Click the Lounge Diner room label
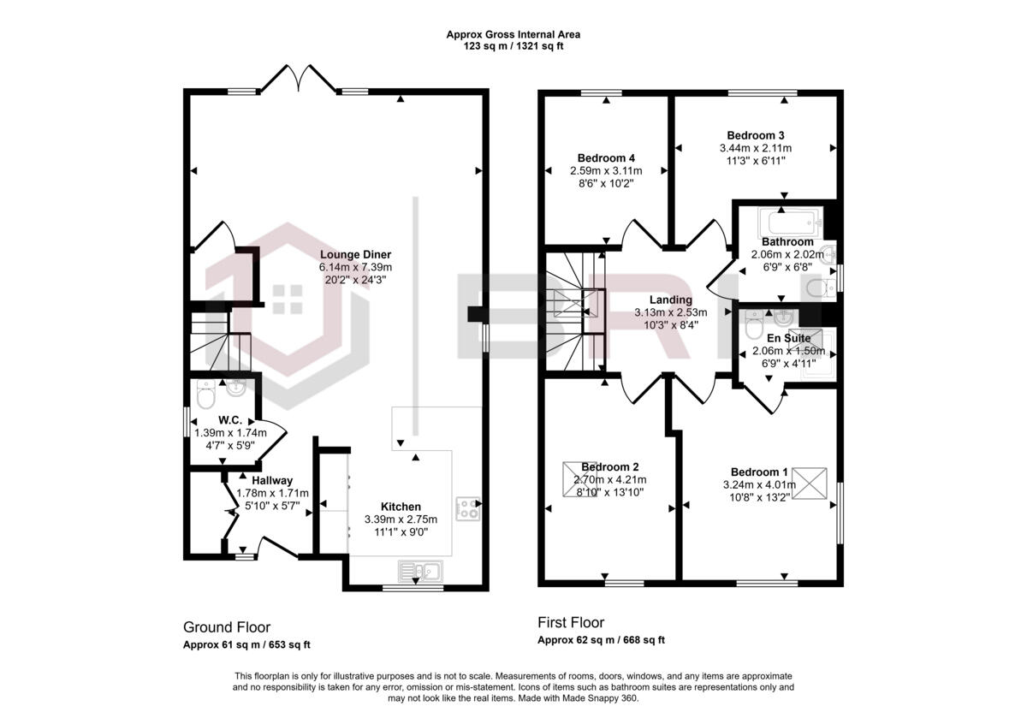tap(355, 254)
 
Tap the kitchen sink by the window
tap(420, 571)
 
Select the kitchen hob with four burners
tap(467, 508)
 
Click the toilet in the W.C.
tap(205, 394)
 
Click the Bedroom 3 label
tap(756, 136)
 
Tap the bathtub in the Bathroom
tap(790, 223)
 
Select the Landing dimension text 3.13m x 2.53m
tap(671, 312)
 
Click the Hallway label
tap(272, 480)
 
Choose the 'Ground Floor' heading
tap(227, 627)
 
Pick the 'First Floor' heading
tap(571, 623)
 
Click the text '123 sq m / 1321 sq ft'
tap(513, 46)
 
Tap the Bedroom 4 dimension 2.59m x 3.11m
tap(606, 171)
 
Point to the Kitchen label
tap(401, 507)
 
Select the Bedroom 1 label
tap(759, 472)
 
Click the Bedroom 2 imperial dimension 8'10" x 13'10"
tap(609, 492)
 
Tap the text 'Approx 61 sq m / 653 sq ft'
tap(246, 644)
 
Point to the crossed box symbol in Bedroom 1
tap(810, 484)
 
